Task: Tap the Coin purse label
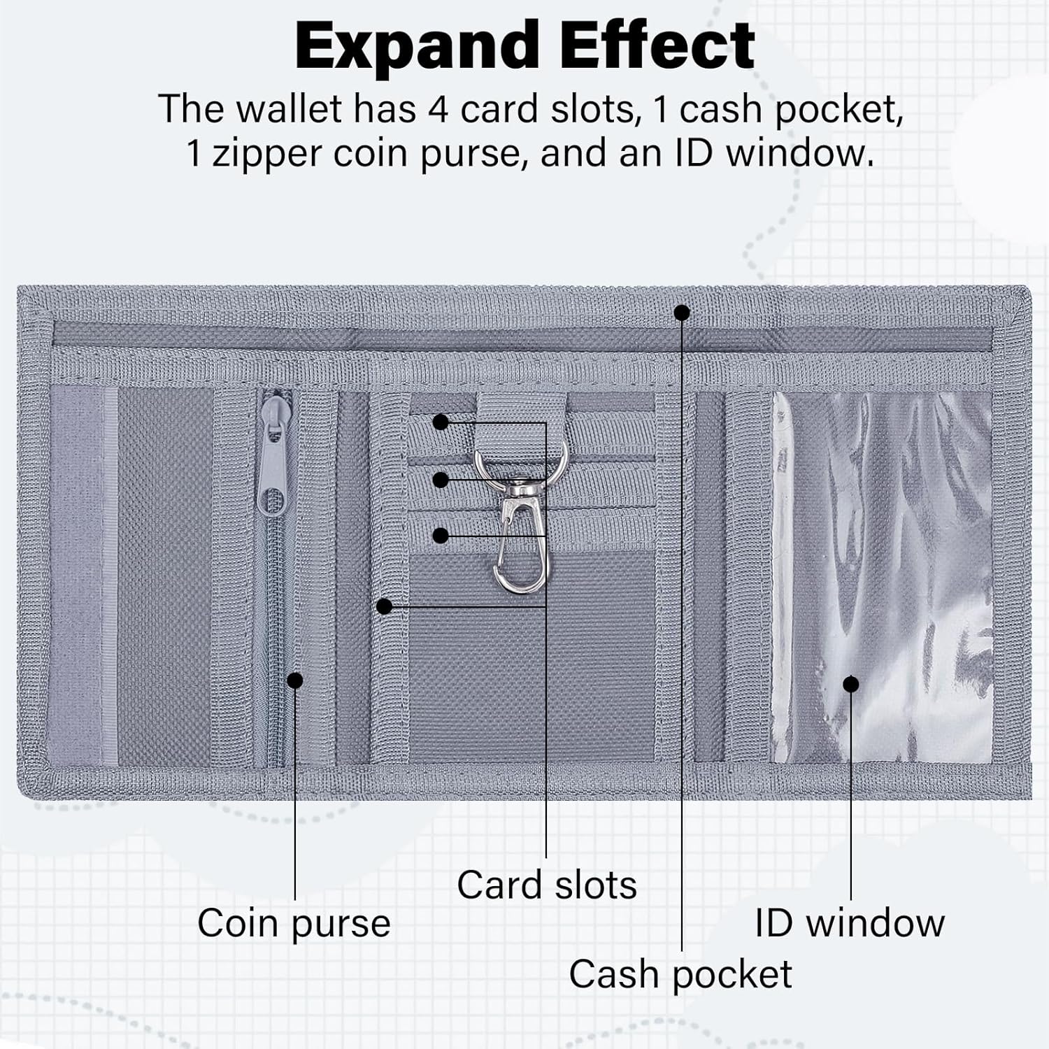tap(294, 923)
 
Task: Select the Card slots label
tap(547, 885)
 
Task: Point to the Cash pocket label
tap(680, 973)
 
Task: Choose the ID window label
tap(850, 923)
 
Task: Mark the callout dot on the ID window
tap(850, 684)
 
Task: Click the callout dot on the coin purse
tap(295, 680)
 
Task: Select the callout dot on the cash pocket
tap(682, 313)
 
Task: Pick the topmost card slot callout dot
tap(441, 422)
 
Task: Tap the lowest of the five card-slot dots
tap(384, 606)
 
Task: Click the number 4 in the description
tap(438, 109)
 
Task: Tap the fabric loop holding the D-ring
tap(521, 416)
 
